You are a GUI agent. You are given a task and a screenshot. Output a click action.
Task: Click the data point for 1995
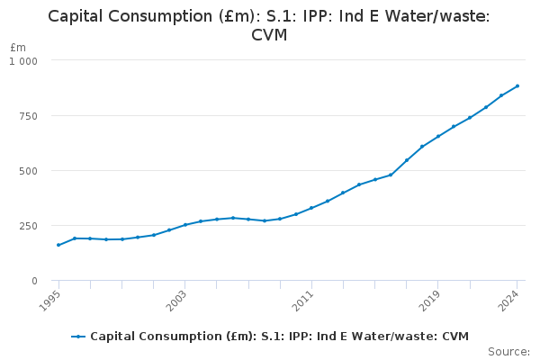58,245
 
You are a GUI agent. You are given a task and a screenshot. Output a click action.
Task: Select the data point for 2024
517,86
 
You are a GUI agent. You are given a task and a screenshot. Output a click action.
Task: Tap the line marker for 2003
185,225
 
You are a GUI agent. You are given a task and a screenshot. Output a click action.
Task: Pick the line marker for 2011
311,208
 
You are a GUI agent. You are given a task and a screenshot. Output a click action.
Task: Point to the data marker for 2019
438,137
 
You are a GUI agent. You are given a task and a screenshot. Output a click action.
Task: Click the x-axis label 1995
52,298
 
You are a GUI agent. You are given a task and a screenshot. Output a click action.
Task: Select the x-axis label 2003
178,298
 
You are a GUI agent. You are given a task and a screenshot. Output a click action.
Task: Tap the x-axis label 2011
305,298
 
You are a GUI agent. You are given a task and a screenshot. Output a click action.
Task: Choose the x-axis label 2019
431,298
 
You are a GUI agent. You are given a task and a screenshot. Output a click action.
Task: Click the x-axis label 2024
510,298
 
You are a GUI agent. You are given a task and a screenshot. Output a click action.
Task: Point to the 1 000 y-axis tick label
24,60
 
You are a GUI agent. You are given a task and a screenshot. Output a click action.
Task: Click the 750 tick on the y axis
29,116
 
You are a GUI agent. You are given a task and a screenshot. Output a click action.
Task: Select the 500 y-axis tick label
29,171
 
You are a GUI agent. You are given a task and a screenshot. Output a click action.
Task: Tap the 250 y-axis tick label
29,226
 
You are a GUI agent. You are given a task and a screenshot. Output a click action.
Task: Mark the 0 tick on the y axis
34,281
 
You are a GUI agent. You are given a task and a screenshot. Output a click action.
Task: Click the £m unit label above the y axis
18,47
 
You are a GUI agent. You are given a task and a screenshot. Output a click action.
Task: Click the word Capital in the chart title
78,16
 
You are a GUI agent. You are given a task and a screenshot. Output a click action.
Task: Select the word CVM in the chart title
269,35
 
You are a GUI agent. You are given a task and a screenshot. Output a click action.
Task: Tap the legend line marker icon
79,337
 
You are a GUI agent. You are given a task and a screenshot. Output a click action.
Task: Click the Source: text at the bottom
508,351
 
